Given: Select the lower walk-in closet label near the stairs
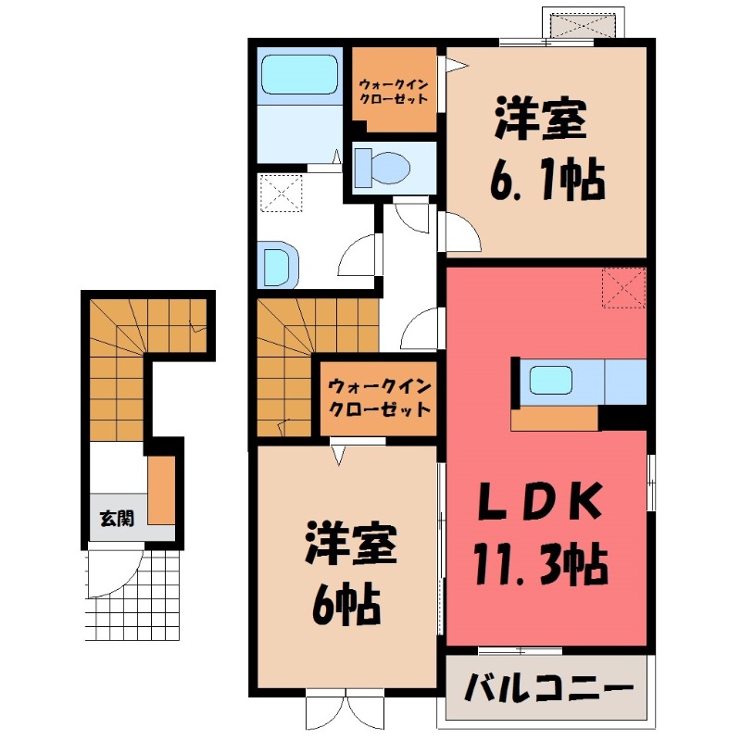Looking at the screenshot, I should pos(378,396).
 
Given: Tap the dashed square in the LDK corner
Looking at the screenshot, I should pos(622,288).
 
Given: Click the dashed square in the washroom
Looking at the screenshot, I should pos(282,194).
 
